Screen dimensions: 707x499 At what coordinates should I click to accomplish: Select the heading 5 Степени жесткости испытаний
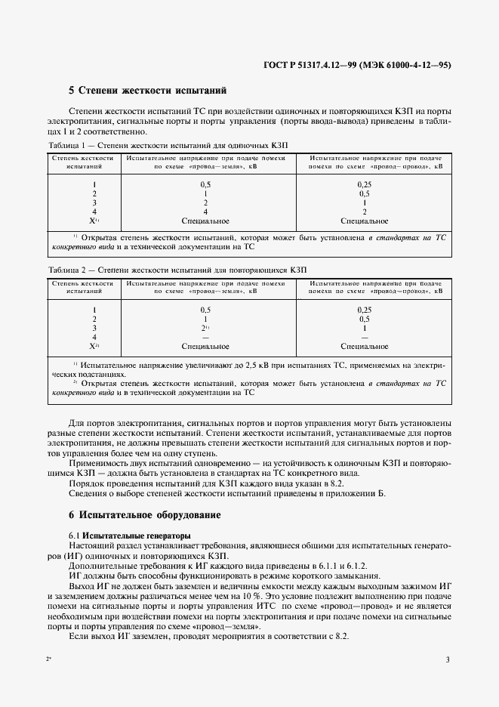coord(147,91)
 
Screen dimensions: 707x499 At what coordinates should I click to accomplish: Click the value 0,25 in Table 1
coord(365,184)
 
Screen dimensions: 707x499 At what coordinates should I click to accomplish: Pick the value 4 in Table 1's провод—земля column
coord(205,211)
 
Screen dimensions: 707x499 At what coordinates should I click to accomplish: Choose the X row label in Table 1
coord(94,221)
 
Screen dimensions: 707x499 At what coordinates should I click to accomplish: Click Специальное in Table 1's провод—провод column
coord(365,221)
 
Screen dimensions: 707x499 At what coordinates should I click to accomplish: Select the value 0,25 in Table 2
coord(365,310)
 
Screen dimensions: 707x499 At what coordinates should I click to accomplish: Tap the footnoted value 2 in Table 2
coord(205,328)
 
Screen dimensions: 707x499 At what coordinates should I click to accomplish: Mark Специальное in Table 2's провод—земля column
coord(205,346)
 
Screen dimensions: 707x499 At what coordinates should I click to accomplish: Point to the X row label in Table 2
coord(94,346)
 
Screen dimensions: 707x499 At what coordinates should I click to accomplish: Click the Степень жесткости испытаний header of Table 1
coord(82,162)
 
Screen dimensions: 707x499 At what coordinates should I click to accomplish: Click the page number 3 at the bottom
coord(448,660)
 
